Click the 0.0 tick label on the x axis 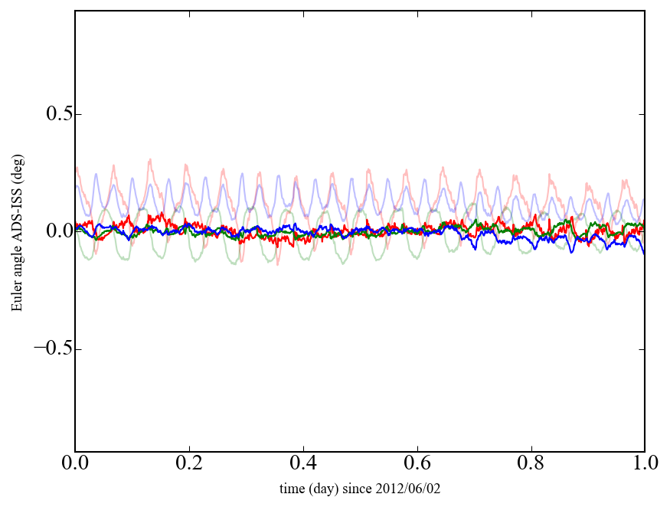[x=75, y=464]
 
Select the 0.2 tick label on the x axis [x=189, y=464]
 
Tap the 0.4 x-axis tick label [x=303, y=464]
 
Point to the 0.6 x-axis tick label [x=417, y=464]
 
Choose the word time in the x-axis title [x=292, y=488]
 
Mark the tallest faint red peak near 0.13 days [x=150, y=159]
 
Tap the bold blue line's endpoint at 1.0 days [x=644, y=253]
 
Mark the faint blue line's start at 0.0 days [x=76, y=186]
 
